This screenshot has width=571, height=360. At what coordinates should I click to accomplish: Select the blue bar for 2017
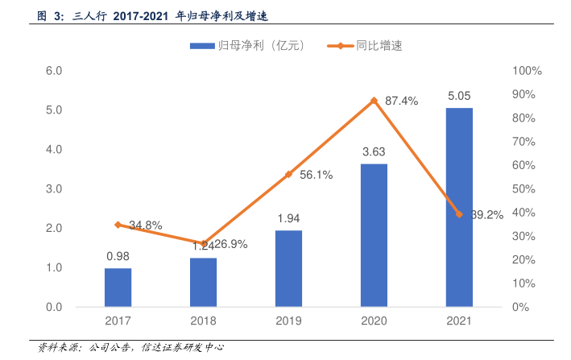[118, 288]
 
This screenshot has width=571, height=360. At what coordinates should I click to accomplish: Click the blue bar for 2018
[203, 283]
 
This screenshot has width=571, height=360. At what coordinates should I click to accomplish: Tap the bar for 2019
[288, 269]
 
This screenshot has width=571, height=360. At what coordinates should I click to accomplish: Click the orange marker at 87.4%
[374, 101]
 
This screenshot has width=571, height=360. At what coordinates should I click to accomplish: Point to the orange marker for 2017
[118, 225]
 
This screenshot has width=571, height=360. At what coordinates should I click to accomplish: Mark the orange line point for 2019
[288, 175]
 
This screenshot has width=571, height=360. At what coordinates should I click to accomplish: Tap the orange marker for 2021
[459, 214]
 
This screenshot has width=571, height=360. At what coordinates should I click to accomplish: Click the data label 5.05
[459, 97]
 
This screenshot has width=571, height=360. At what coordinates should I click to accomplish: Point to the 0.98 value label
[118, 256]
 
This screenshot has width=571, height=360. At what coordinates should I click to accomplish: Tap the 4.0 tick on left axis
[54, 149]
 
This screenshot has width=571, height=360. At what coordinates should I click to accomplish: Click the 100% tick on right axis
[527, 71]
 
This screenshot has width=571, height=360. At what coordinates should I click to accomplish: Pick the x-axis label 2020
[374, 321]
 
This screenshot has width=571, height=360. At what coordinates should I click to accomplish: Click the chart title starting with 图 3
[153, 14]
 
